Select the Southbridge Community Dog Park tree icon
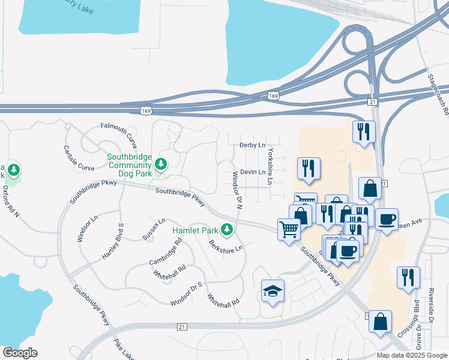tap(160, 164)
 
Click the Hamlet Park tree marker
tap(227, 229)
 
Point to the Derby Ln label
tap(252, 145)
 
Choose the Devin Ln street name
tap(253, 172)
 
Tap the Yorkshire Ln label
tap(271, 166)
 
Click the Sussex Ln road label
tap(154, 229)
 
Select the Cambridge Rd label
tap(166, 253)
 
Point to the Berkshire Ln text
tap(226, 246)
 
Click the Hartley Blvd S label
tap(113, 241)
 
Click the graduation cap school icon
tap(273, 291)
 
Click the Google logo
tap(20, 353)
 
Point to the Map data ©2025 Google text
tap(412, 355)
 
